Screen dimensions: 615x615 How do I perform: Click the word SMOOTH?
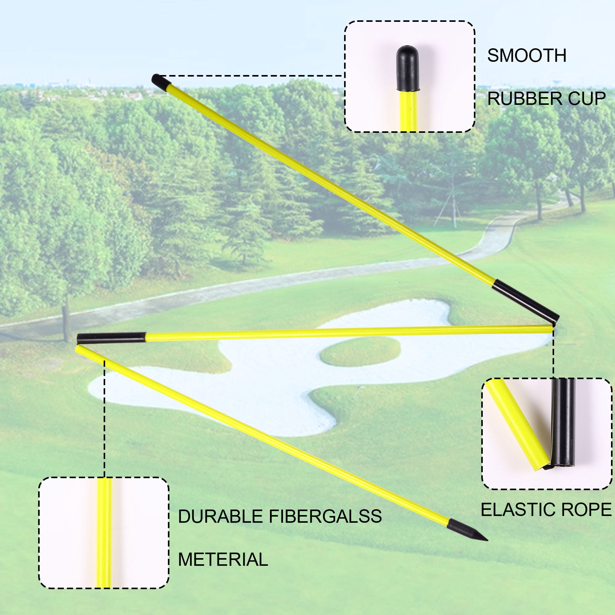coord(527,56)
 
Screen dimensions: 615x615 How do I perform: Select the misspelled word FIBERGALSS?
coord(325,516)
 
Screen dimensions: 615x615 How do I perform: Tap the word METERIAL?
coord(223,559)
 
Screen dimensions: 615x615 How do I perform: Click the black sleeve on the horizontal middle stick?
coord(111,338)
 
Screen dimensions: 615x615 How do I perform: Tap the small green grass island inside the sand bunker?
coord(360,351)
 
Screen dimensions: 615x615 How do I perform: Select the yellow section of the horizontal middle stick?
coord(349,333)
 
